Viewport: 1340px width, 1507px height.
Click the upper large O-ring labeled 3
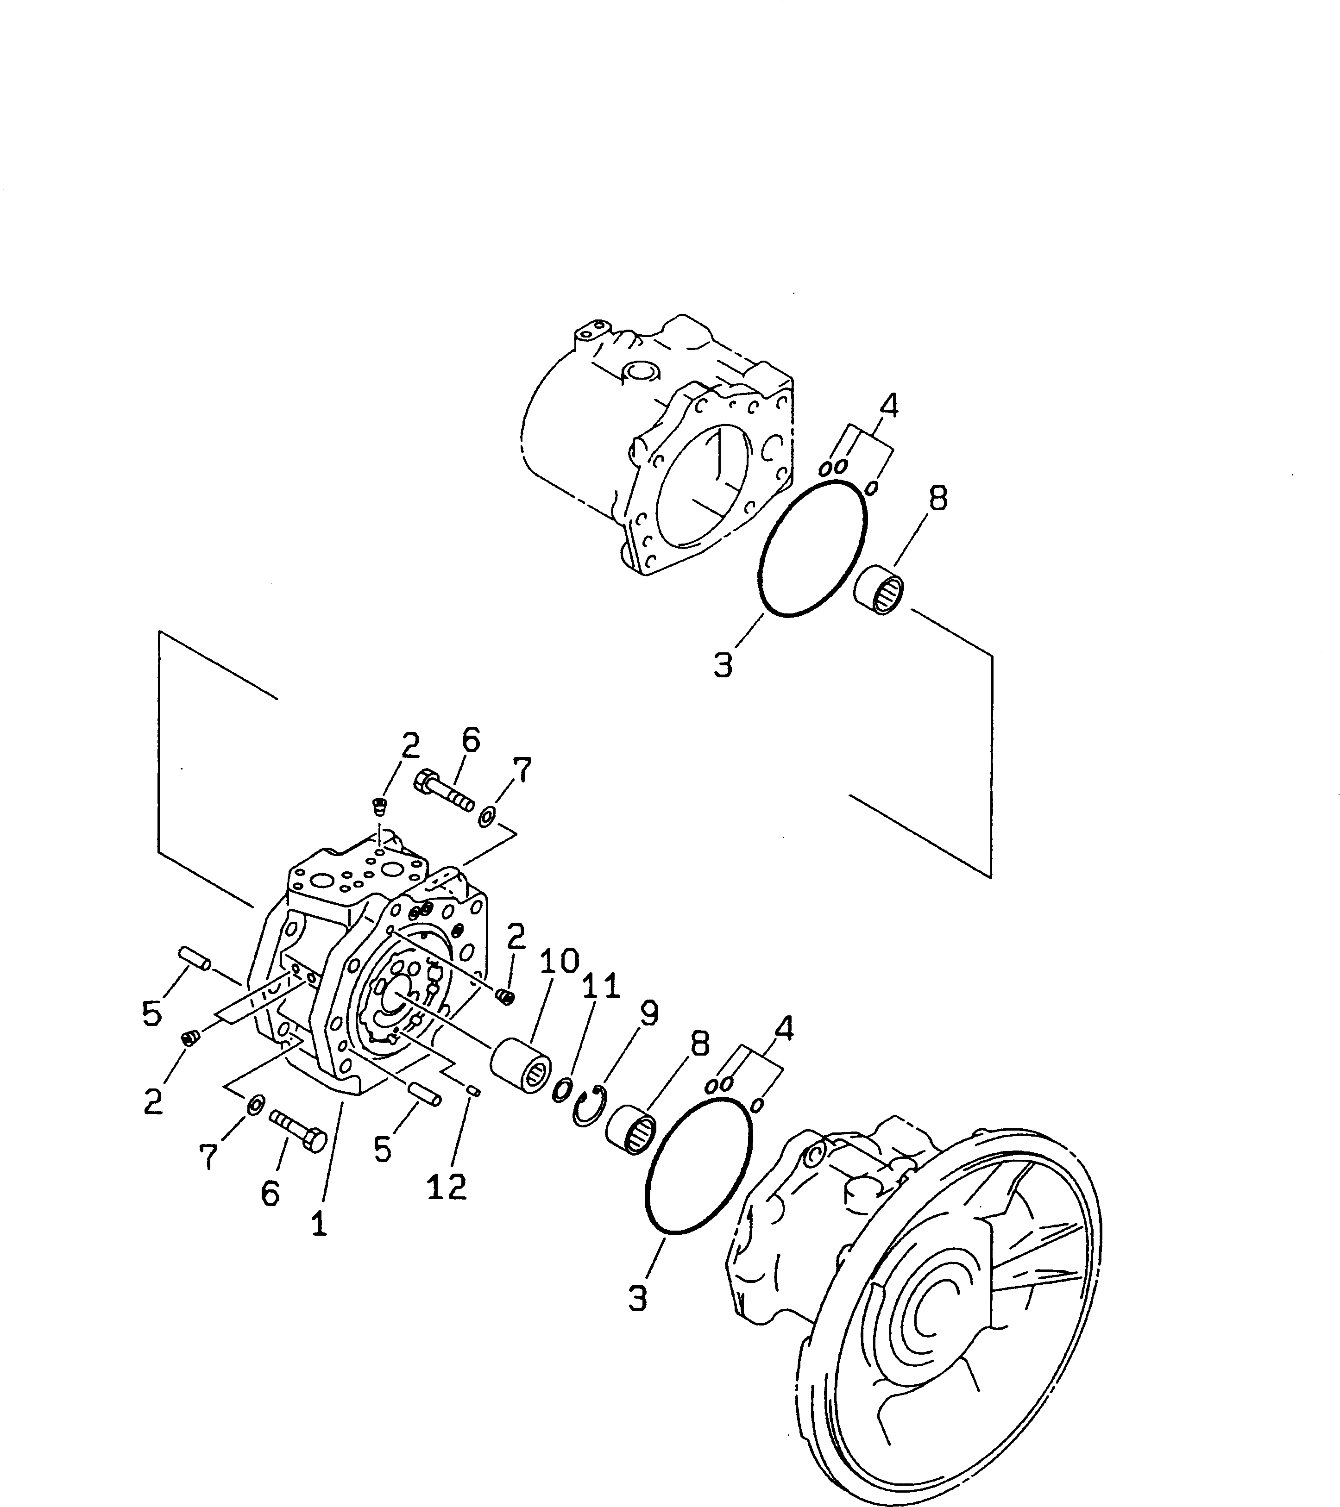pyautogui.click(x=813, y=549)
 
